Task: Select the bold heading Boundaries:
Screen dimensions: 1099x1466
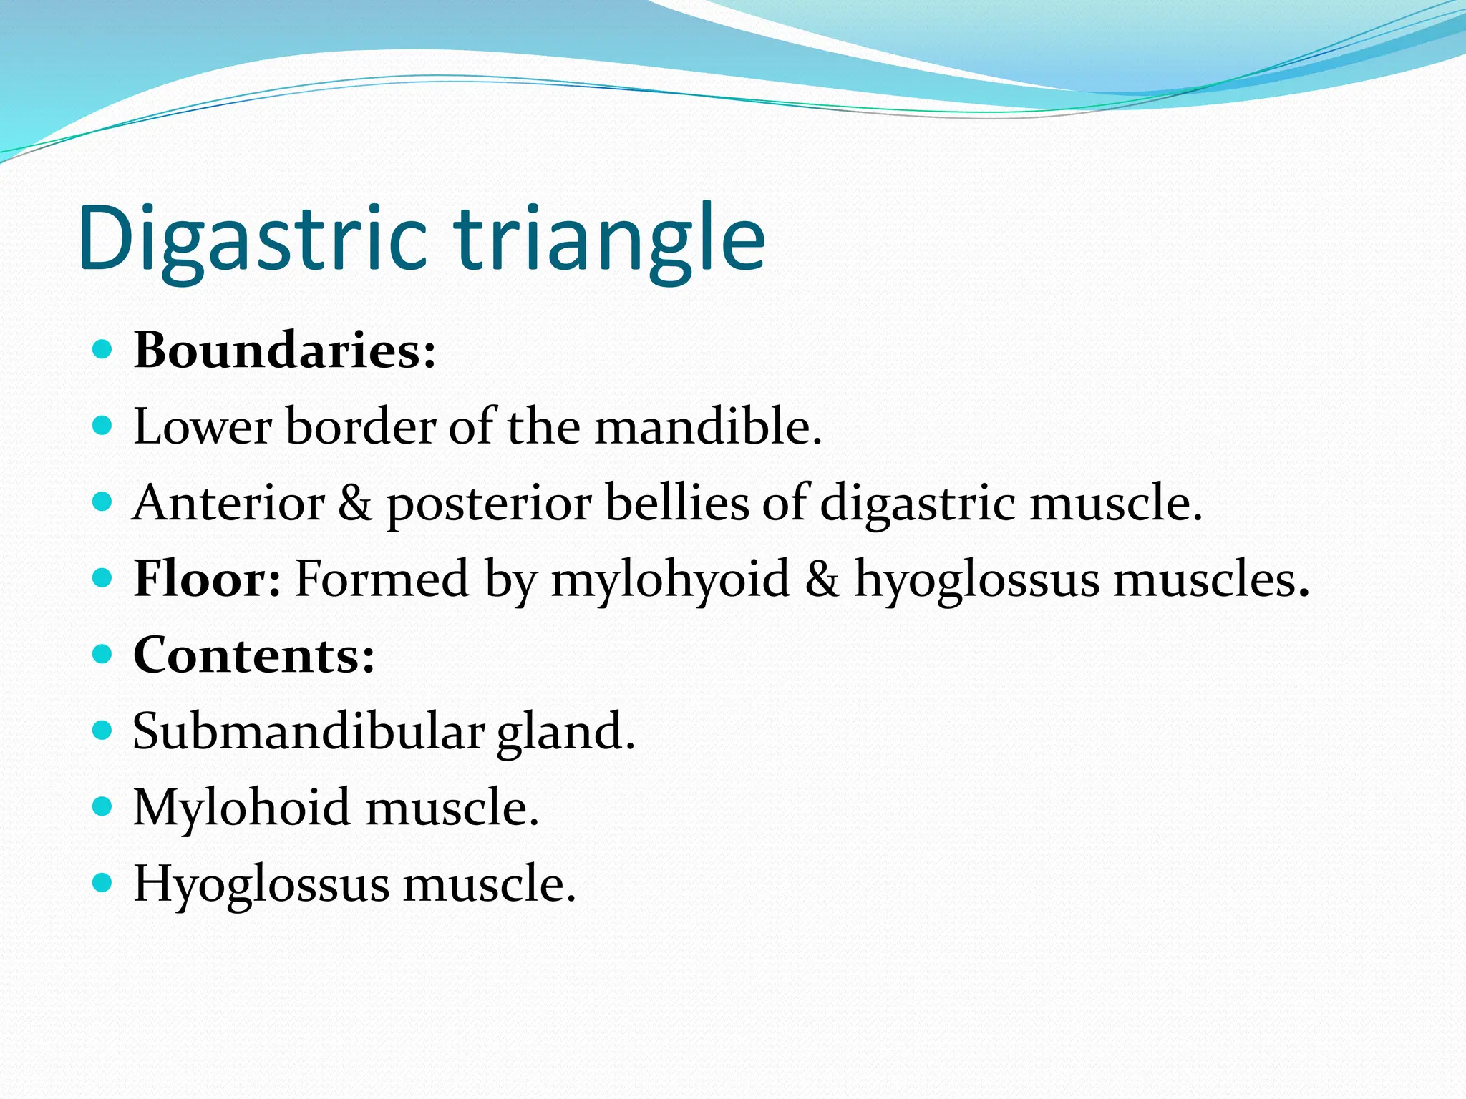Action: click(x=285, y=351)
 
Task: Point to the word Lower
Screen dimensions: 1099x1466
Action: click(x=202, y=427)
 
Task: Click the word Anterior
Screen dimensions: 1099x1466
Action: click(x=228, y=503)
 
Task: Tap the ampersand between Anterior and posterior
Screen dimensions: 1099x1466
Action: click(x=354, y=503)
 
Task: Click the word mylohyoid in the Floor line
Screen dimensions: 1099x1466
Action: click(x=669, y=580)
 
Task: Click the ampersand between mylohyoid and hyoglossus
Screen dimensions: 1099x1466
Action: click(x=821, y=579)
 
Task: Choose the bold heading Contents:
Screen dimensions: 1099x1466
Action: click(x=254, y=655)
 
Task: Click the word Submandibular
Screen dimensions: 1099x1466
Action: click(x=309, y=731)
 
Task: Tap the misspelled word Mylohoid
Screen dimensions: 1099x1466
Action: click(x=241, y=808)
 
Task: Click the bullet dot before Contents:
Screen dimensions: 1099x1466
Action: click(x=103, y=654)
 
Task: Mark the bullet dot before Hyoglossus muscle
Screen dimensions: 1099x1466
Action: click(x=103, y=883)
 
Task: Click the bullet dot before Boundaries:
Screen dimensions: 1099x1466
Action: click(x=103, y=349)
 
